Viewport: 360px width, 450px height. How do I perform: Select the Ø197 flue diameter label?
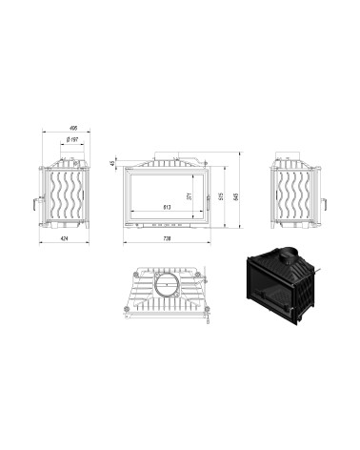coord(71,141)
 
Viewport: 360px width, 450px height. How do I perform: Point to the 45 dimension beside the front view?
coord(112,164)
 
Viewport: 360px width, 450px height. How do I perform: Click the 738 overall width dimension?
coord(168,238)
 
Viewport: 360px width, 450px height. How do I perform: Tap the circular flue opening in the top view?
coord(168,283)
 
